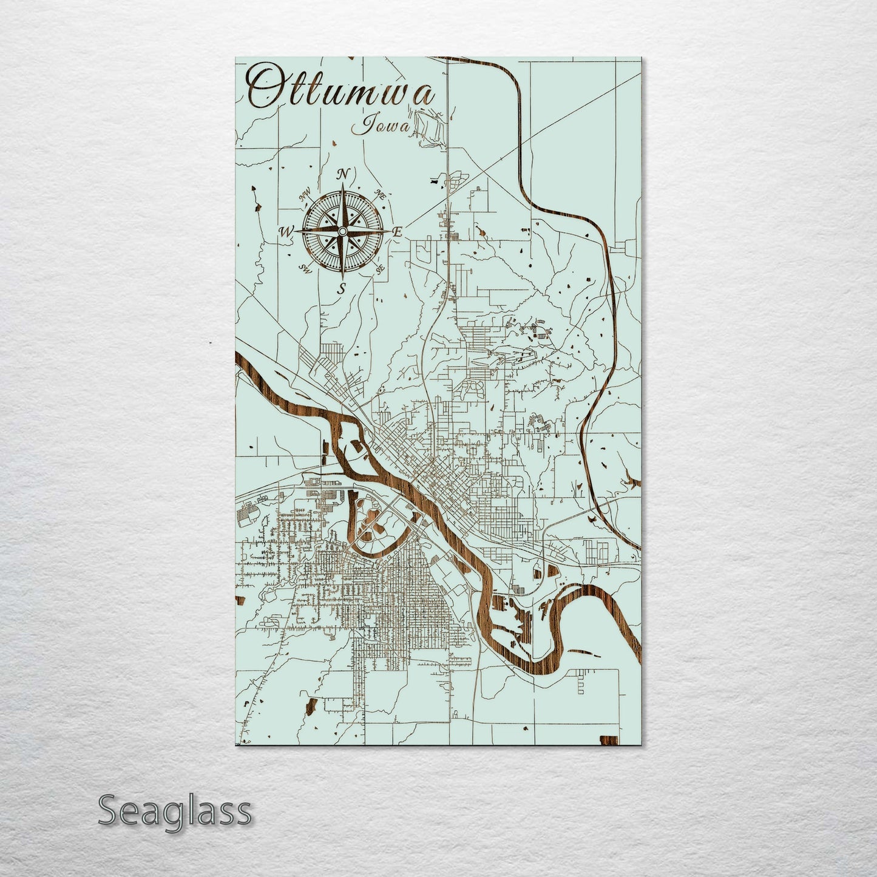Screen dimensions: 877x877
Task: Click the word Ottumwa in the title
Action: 341,89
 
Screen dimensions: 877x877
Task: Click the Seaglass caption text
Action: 174,811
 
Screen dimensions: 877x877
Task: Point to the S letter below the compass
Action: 342,289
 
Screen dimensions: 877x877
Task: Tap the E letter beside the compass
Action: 398,231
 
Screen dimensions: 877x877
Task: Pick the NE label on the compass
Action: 381,195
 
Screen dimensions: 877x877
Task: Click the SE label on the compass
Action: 380,269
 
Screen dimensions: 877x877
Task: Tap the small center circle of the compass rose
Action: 342,231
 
